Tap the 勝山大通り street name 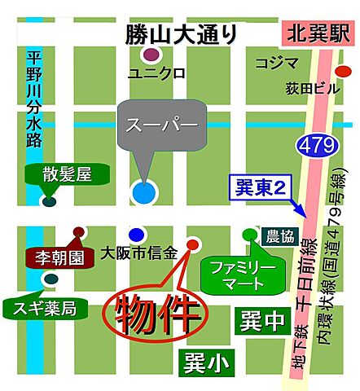click(181, 35)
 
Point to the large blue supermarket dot click(143, 193)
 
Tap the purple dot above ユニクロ click(151, 56)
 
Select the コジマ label click(272, 63)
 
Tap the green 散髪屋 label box click(61, 174)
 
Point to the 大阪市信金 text click(139, 253)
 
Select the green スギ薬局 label click(45, 308)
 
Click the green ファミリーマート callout click(238, 275)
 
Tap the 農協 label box click(279, 237)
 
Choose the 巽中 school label click(262, 320)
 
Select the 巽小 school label click(205, 358)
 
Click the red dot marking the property click(193, 244)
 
